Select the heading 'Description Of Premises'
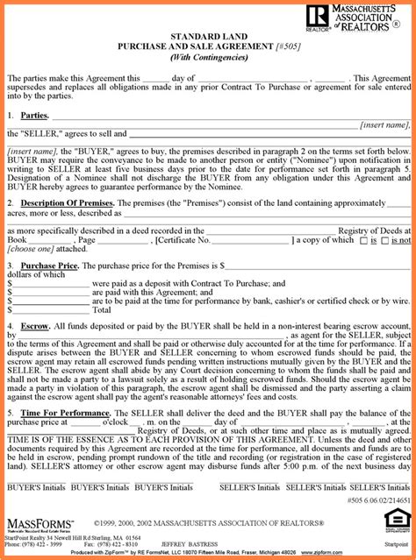(x=66, y=202)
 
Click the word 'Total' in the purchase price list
(x=102, y=309)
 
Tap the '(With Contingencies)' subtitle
(x=207, y=57)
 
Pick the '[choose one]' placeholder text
(x=27, y=249)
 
